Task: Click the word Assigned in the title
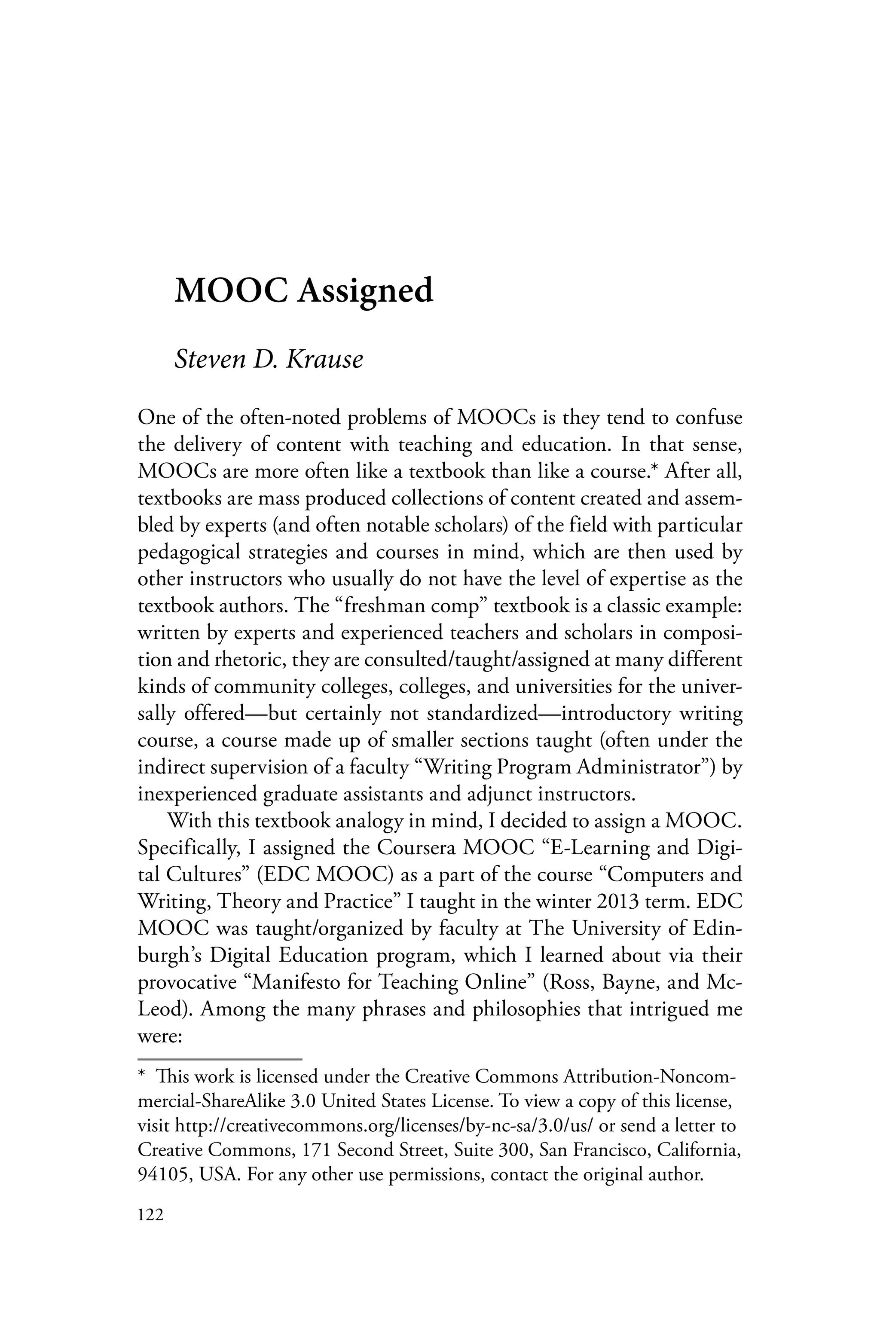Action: (365, 292)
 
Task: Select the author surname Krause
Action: (324, 359)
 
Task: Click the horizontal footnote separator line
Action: (220, 1060)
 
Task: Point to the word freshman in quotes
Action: (390, 606)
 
